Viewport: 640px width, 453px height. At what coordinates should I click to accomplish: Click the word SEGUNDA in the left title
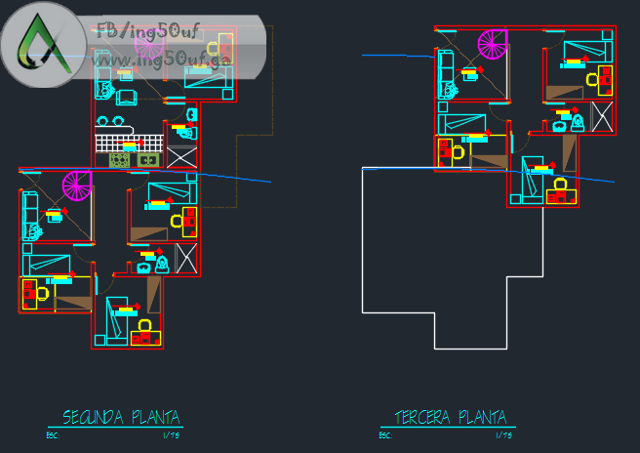[x=91, y=418]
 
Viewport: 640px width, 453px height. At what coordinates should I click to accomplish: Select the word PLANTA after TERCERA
[x=482, y=418]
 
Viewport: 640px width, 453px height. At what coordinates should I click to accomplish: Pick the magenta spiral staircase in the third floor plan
[x=493, y=44]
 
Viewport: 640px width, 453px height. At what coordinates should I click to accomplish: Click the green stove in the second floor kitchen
[x=119, y=159]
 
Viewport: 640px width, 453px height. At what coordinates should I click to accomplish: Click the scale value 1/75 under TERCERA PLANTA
[x=503, y=435]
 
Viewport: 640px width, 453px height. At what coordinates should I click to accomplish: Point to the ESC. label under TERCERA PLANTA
[x=387, y=435]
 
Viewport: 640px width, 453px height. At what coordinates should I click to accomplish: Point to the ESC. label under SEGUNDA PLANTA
[x=56, y=435]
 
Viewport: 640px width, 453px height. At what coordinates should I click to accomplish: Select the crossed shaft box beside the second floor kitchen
[x=182, y=157]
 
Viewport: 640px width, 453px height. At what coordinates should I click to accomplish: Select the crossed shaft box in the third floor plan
[x=602, y=117]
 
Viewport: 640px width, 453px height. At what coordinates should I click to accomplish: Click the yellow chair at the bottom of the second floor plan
[x=145, y=325]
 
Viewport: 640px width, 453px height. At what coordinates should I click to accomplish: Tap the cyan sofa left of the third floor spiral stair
[x=446, y=71]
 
